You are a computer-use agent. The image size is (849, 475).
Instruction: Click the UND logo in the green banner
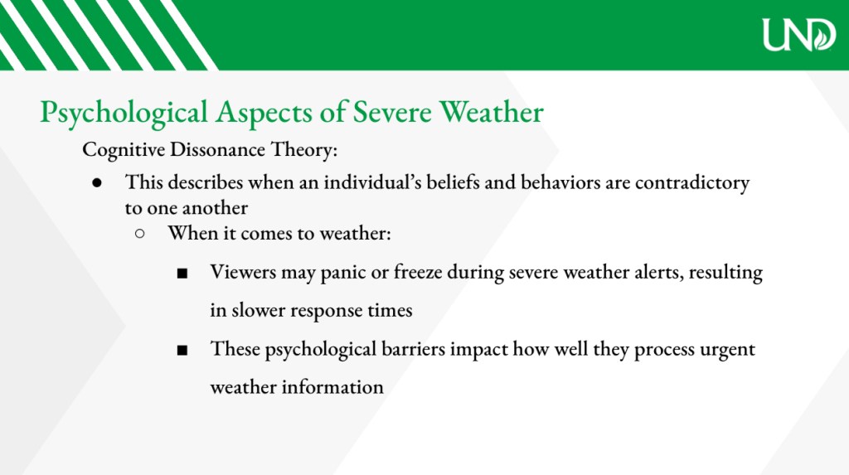pos(799,35)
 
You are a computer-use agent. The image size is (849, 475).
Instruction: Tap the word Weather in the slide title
pos(491,112)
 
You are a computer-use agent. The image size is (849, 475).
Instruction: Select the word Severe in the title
pos(392,112)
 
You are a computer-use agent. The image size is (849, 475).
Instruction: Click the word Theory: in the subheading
pos(304,150)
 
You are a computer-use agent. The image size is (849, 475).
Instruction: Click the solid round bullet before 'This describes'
pos(97,182)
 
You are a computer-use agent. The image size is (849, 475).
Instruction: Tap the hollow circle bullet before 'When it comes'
pos(139,234)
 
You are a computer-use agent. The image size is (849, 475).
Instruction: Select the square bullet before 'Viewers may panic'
pos(182,273)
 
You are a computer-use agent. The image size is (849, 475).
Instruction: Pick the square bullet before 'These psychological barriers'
pos(182,351)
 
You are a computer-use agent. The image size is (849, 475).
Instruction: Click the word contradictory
pos(692,183)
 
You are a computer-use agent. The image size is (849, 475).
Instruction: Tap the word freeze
pos(418,271)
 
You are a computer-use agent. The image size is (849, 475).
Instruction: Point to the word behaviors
pos(560,182)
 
